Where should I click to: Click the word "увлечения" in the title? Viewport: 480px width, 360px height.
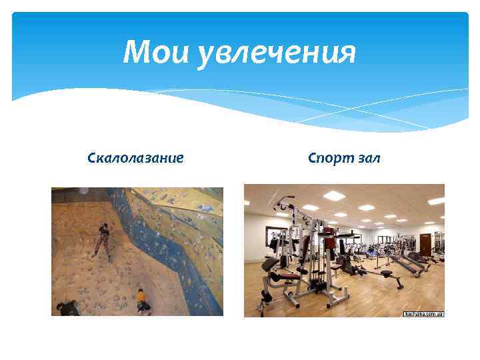pyautogui.click(x=277, y=53)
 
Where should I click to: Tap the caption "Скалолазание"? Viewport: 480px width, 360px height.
pyautogui.click(x=135, y=158)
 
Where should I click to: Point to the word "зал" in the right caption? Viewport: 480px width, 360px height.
pyautogui.click(x=368, y=158)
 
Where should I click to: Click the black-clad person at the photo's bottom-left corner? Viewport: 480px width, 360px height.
pyautogui.click(x=67, y=307)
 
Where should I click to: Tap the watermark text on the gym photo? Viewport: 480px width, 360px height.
pyautogui.click(x=423, y=313)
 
